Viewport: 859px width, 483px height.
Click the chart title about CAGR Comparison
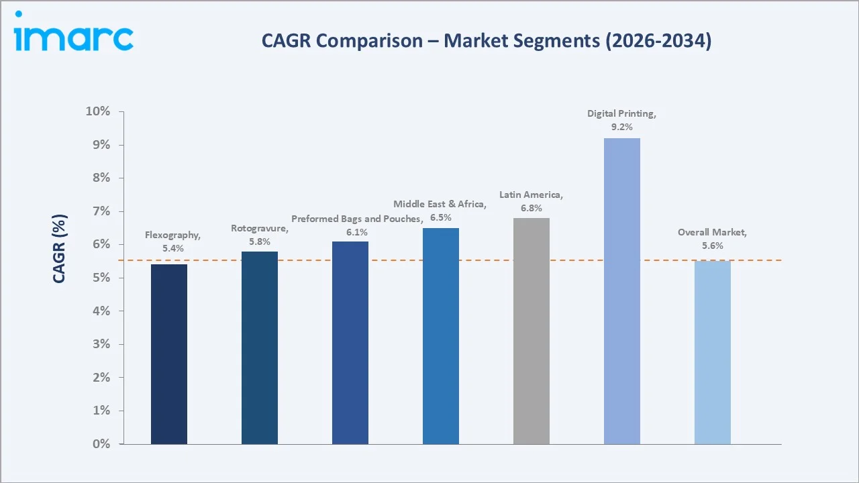[x=487, y=41]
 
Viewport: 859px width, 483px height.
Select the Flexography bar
[x=169, y=354]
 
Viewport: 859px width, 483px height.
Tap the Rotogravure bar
[x=260, y=347]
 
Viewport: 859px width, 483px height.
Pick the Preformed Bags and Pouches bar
[x=350, y=343]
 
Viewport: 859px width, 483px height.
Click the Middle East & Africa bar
[x=441, y=336]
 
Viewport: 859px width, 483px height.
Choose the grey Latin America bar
[x=532, y=331]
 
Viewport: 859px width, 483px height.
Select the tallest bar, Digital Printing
[x=622, y=291]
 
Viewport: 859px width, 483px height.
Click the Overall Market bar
[x=713, y=352]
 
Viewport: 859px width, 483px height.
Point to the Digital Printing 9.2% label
[x=621, y=120]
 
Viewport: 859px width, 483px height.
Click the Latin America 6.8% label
[x=531, y=201]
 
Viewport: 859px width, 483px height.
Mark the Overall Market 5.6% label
[x=712, y=239]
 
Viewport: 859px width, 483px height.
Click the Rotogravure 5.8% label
[x=259, y=235]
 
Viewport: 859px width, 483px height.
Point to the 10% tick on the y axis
[x=97, y=111]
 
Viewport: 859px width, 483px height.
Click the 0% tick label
[x=101, y=444]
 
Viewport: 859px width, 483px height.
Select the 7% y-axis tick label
[x=101, y=211]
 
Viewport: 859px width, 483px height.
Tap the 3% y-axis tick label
[x=101, y=344]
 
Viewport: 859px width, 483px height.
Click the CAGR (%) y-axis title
[x=60, y=250]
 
